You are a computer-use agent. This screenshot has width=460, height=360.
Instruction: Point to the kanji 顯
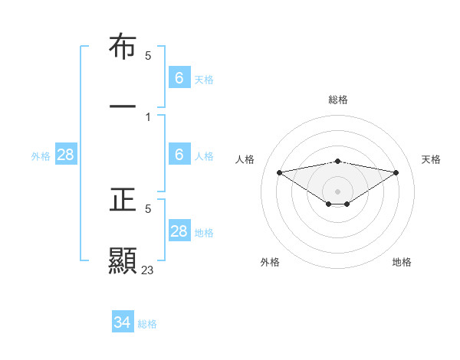(x=123, y=260)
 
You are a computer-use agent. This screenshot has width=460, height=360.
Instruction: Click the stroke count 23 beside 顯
(x=148, y=270)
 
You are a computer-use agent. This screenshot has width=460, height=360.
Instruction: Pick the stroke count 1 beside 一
(x=148, y=116)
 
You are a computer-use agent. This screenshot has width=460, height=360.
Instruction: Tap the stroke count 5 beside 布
(x=148, y=56)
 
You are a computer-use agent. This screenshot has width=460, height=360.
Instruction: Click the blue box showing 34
(x=123, y=323)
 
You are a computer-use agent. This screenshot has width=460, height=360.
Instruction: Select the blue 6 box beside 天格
(x=179, y=77)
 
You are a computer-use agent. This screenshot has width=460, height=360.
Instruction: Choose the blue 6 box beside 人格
(x=179, y=155)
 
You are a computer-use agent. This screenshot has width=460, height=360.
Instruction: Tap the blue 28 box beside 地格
(x=179, y=231)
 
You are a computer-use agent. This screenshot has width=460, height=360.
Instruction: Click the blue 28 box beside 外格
(x=66, y=155)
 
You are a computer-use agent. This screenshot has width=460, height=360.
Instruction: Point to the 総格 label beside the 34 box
(x=147, y=324)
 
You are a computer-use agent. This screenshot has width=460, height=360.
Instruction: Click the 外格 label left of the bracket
(x=41, y=155)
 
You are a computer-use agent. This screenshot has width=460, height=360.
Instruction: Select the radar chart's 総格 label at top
(x=338, y=100)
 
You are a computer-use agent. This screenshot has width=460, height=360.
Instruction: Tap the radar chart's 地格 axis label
(x=402, y=262)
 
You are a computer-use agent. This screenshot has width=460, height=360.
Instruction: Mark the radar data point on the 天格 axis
(x=396, y=172)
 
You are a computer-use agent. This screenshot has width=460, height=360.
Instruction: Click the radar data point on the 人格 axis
(x=280, y=172)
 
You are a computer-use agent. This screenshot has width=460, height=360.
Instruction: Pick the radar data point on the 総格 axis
(x=338, y=161)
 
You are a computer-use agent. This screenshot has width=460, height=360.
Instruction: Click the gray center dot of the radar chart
(x=338, y=191)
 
